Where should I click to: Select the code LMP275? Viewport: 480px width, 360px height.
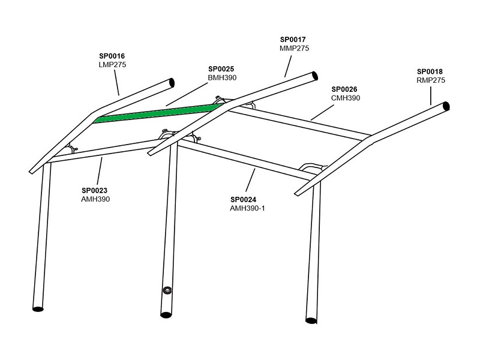point(112,64)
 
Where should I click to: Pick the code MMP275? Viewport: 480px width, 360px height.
point(294,48)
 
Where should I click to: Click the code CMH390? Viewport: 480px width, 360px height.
point(346,98)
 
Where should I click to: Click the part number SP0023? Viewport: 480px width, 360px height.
point(95,190)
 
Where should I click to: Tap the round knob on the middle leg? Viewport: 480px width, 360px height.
point(166,291)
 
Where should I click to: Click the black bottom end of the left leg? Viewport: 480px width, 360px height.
point(38,309)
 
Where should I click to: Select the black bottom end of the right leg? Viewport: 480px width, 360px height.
point(311,319)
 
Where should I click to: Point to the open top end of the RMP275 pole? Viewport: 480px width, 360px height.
point(446,107)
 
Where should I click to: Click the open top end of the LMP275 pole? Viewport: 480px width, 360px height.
point(172,82)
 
